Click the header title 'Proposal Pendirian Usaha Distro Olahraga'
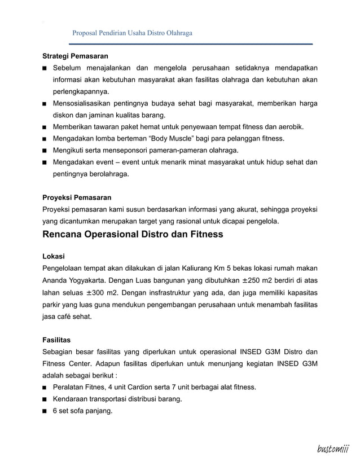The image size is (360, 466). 133,33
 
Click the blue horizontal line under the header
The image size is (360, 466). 191,44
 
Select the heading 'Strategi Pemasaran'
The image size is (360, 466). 76,56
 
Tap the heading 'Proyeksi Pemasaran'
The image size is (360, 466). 77,197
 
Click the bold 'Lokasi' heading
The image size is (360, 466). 54,256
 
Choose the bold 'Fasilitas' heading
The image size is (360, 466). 56,340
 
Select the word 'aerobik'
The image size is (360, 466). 288,126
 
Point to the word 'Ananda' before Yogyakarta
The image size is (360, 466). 57,280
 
